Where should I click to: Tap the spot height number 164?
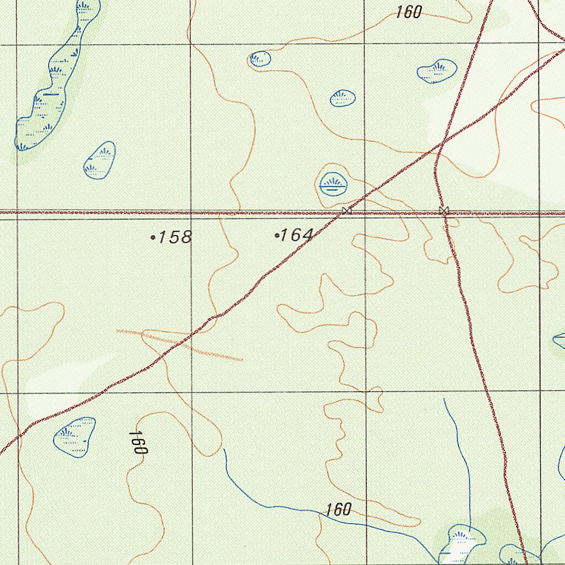[297, 236]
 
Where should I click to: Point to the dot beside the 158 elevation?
[152, 238]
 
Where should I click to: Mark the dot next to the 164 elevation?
[276, 236]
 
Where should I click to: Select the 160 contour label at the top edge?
[409, 12]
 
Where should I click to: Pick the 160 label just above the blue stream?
[338, 509]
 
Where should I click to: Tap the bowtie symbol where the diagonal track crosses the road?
[346, 210]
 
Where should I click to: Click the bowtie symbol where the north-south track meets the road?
[444, 210]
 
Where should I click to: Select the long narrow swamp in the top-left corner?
[55, 77]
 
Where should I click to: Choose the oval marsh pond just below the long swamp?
[100, 160]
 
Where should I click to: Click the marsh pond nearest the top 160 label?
[437, 71]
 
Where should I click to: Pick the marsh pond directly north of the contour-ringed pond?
[343, 98]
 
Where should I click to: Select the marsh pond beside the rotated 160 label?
[74, 436]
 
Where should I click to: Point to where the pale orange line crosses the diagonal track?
[188, 337]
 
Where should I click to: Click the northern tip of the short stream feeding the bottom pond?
[444, 399]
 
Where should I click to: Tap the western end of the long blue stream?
[224, 450]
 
